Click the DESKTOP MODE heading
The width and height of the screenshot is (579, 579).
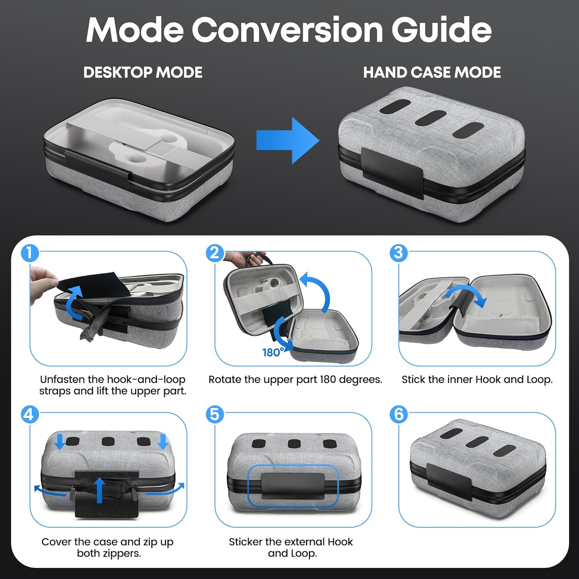point(143,73)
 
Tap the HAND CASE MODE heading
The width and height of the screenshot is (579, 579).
point(432,73)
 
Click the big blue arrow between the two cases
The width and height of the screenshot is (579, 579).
point(288,141)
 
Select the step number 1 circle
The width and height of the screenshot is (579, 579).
point(30,253)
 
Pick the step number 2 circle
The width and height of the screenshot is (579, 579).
point(215,253)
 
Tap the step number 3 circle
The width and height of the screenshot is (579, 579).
point(399,253)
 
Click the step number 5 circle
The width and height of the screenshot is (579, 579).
point(215,415)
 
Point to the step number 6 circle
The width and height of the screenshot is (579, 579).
point(399,415)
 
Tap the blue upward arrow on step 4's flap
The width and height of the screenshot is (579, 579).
point(100,490)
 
